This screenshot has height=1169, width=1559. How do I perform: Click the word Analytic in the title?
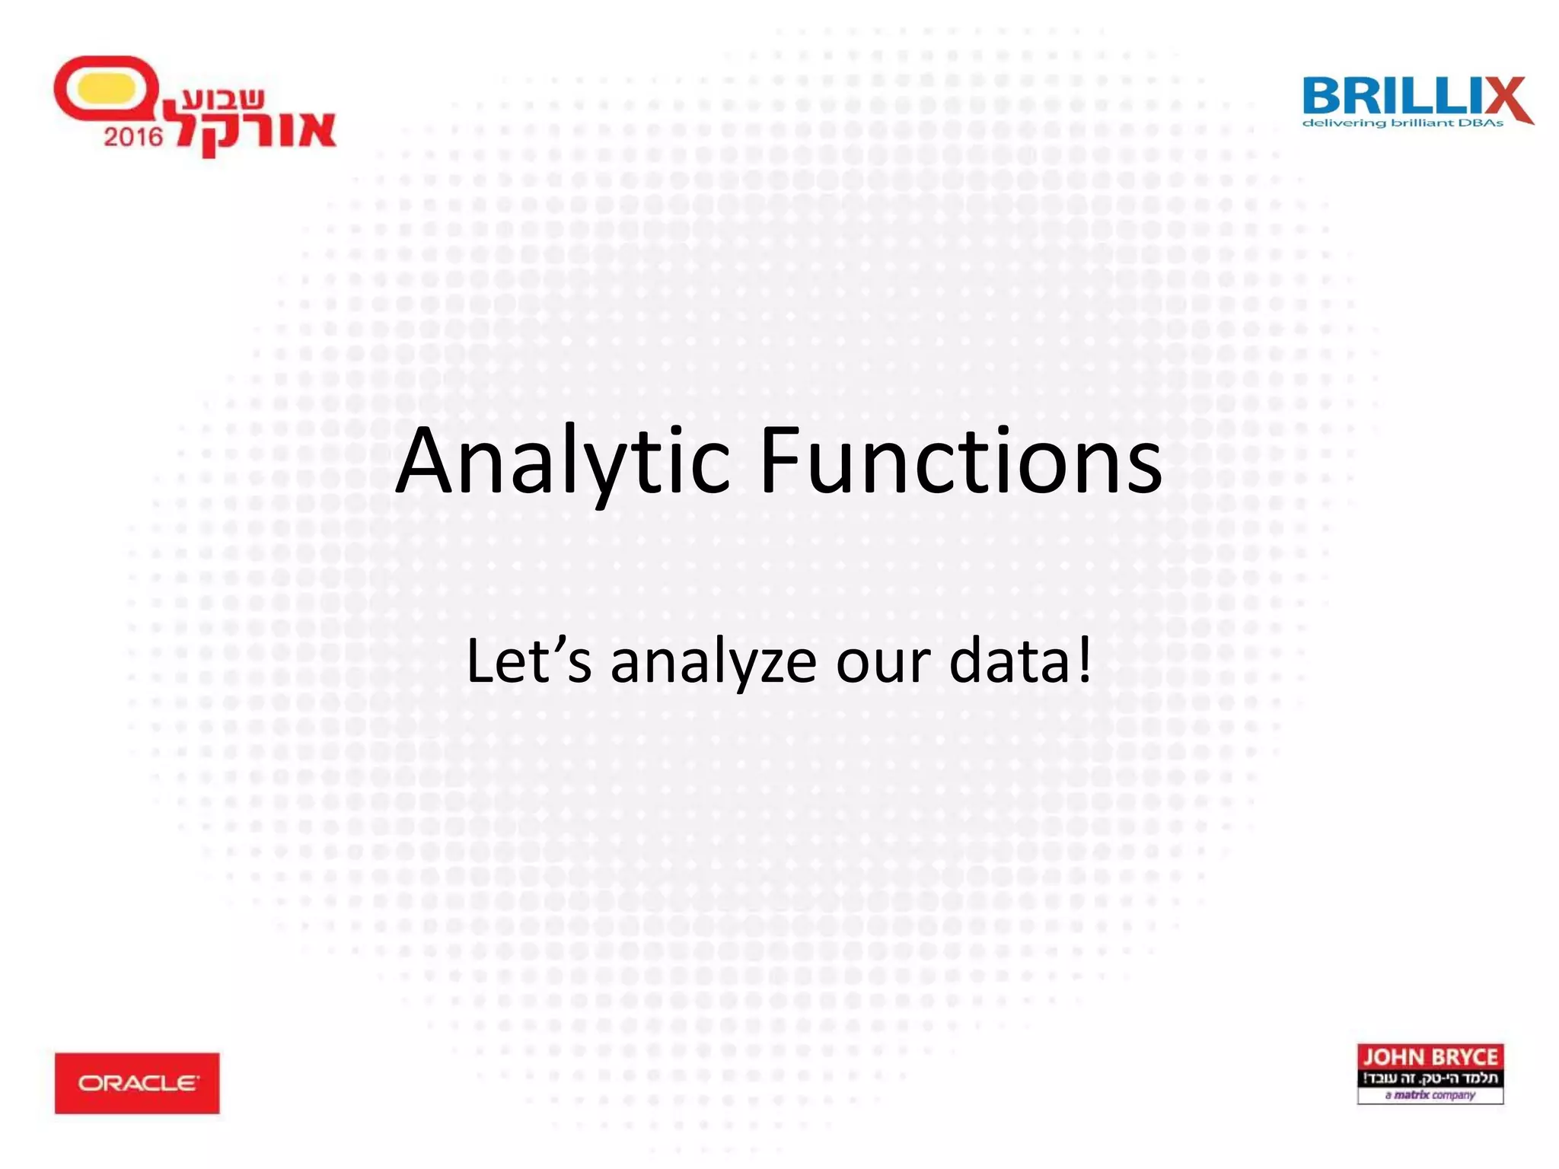pos(563,463)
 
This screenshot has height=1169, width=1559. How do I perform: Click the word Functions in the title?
pos(961,461)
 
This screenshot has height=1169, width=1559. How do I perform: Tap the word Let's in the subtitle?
pos(528,661)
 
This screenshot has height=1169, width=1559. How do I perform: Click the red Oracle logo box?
pos(137,1083)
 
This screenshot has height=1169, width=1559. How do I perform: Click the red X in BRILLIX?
pos(1506,99)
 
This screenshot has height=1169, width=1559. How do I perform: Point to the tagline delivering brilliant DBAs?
pos(1402,123)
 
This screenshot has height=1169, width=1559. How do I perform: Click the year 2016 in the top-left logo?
pos(133,137)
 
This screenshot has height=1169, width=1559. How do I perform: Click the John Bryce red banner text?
pos(1430,1057)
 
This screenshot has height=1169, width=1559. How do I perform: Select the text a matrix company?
pos(1430,1095)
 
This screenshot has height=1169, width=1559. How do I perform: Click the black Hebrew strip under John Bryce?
pos(1430,1078)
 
